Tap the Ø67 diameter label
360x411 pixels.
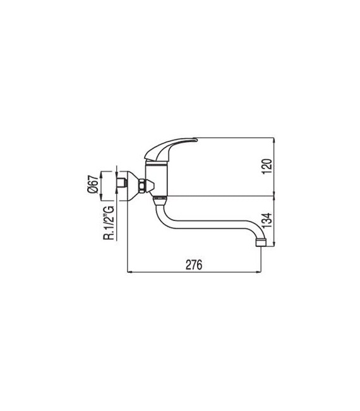(x=93, y=184)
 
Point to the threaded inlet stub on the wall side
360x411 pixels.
(x=121, y=184)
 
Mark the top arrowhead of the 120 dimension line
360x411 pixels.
(x=274, y=141)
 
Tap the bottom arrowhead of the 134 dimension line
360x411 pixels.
(x=274, y=244)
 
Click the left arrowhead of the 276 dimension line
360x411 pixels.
(x=130, y=273)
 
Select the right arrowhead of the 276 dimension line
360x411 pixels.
(x=259, y=273)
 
